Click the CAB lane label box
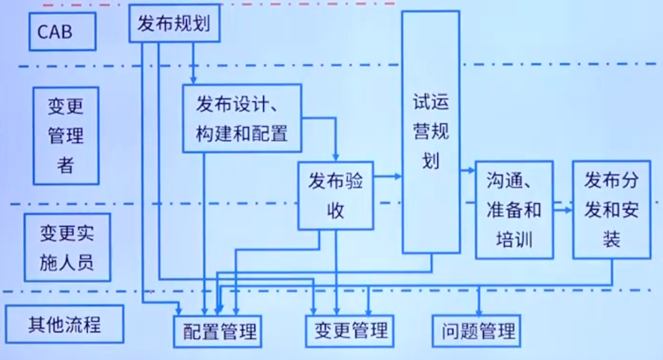[63, 31]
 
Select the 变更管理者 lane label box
[65, 135]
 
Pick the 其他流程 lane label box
[64, 324]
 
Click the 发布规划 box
[174, 24]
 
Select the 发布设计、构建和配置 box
[241, 119]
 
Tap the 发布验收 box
[335, 196]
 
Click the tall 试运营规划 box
[431, 132]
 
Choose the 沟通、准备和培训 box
[514, 209]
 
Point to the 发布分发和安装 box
[611, 209]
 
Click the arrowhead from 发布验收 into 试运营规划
[398, 176]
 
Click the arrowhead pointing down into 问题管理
[478, 311]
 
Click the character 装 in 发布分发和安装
[611, 238]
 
